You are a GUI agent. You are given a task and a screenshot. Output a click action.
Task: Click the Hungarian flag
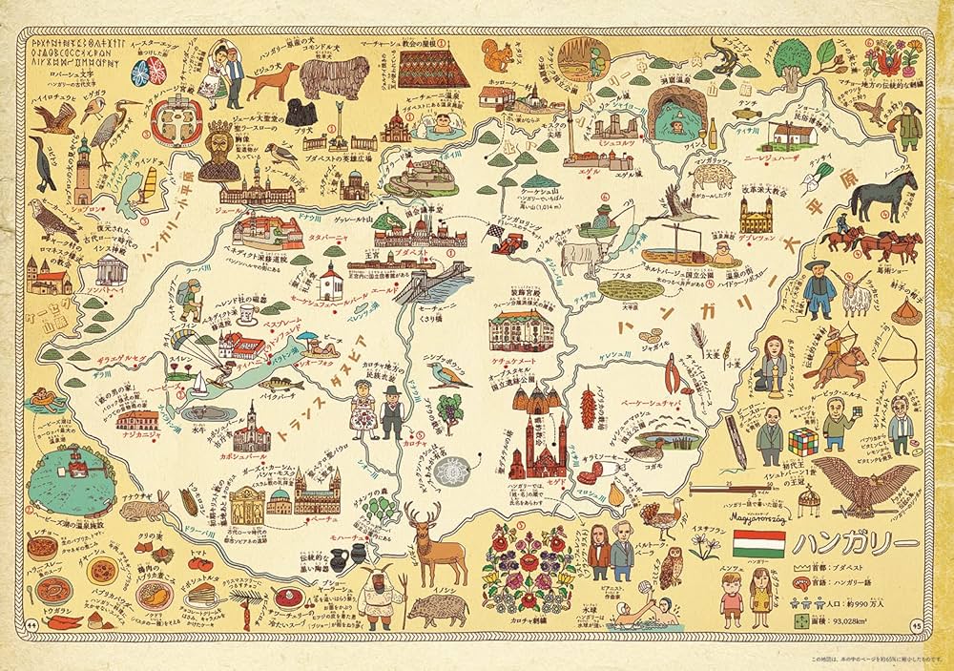758,544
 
